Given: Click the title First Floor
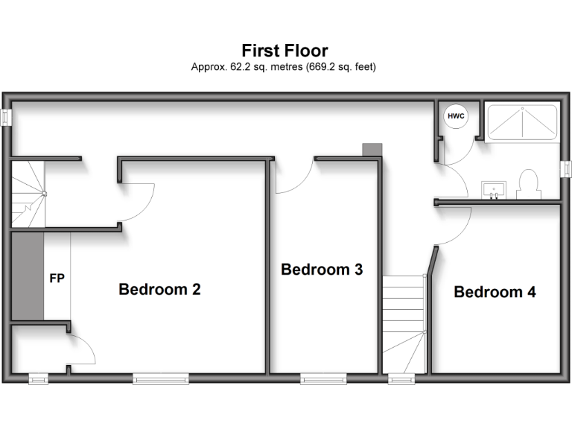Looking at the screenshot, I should tap(285, 51).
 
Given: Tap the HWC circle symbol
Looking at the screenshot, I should tap(454, 116).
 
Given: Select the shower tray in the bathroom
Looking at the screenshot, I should tap(521, 122).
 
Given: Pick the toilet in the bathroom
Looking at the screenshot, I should tap(527, 184).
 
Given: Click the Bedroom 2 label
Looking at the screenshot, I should tap(159, 289).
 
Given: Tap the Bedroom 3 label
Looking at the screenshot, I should tap(321, 270).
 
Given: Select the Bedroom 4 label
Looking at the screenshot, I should tap(495, 292).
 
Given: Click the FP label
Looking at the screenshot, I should tap(57, 279).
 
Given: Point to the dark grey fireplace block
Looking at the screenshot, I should tap(27, 276).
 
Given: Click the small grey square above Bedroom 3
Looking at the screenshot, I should tap(372, 150).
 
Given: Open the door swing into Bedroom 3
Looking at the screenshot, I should tap(292, 177).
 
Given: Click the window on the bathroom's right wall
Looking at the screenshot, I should tap(565, 169).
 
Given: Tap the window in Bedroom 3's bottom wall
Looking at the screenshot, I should tap(324, 379).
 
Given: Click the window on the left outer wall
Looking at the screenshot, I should tap(6, 117).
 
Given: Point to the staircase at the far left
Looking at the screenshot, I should tap(28, 194).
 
